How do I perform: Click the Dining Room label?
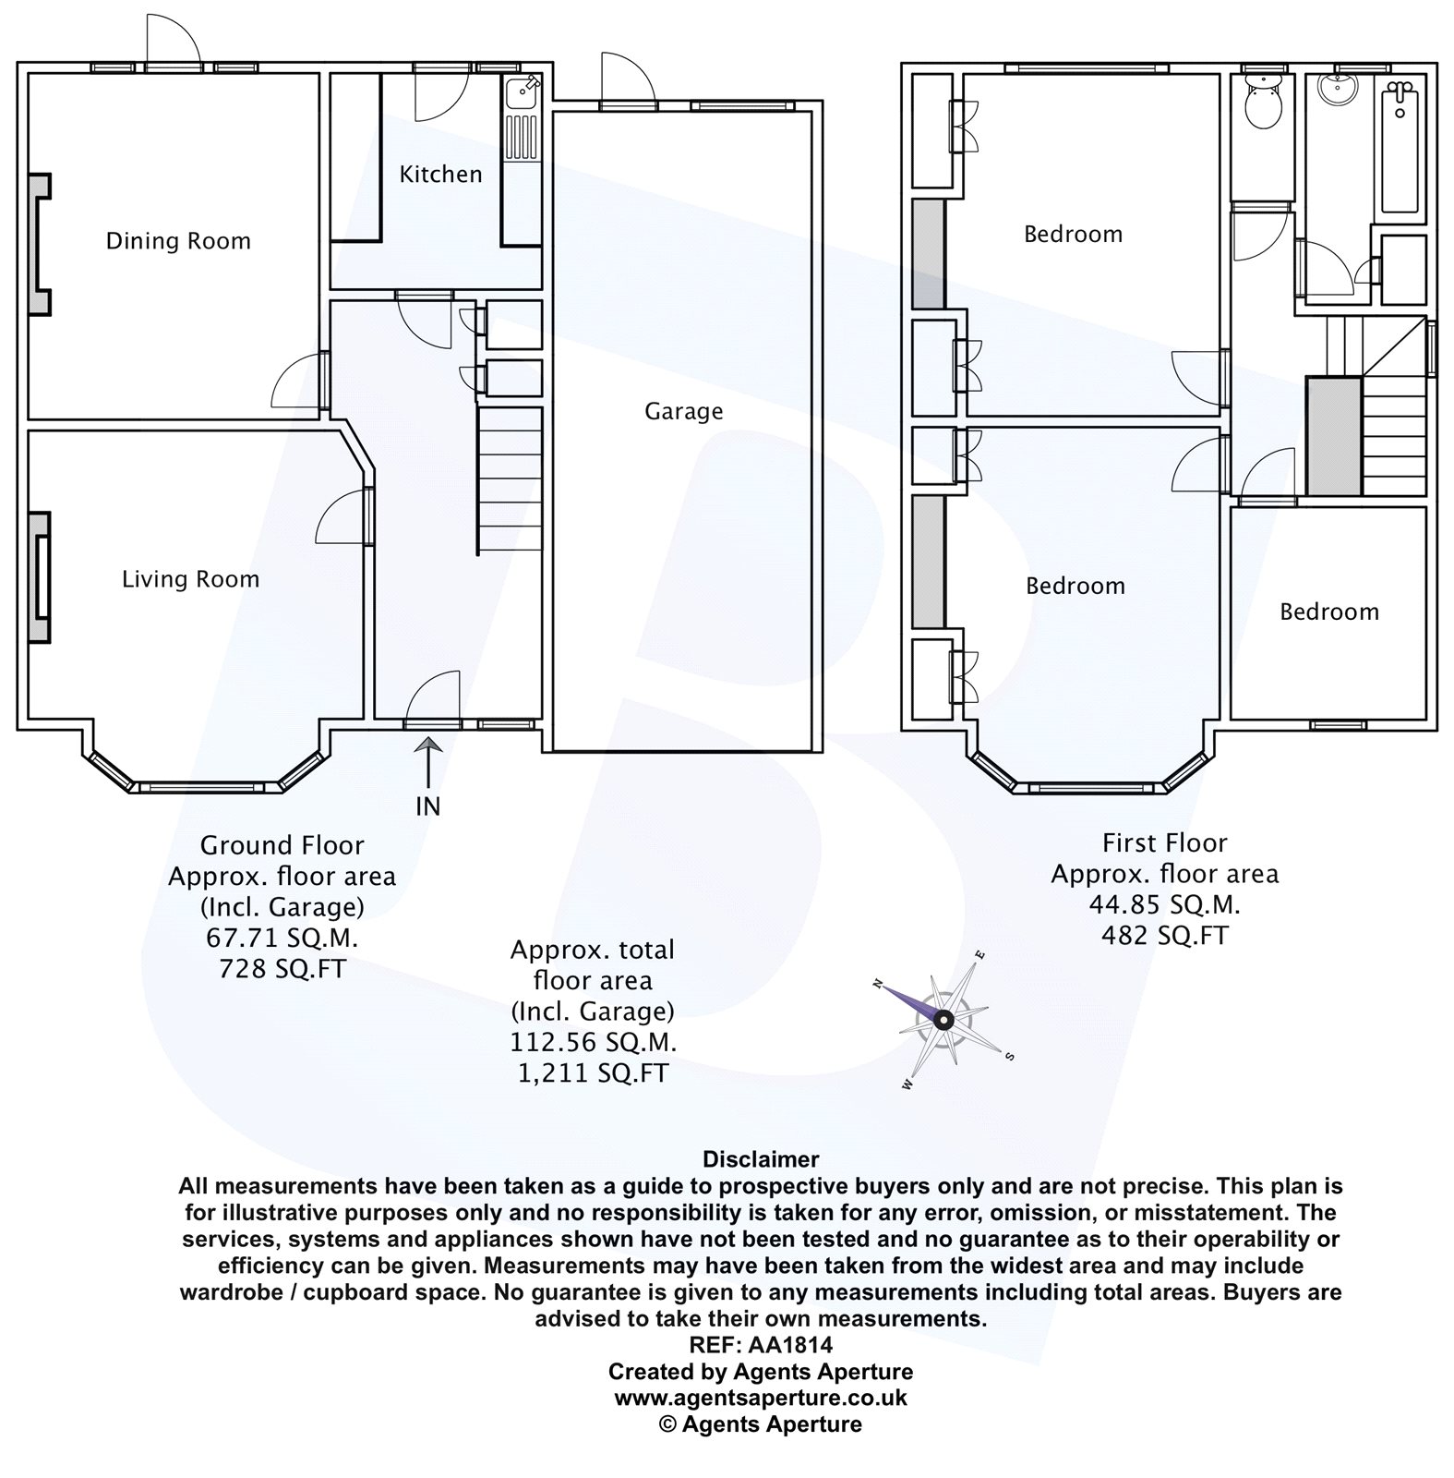click(178, 241)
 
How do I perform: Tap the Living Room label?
click(190, 579)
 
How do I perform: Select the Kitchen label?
click(440, 174)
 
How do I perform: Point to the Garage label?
click(683, 411)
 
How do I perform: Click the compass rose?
click(943, 1020)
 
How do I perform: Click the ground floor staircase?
click(508, 480)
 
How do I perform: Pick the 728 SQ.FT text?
click(282, 969)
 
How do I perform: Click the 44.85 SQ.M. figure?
click(1164, 904)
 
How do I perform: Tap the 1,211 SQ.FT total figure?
click(593, 1072)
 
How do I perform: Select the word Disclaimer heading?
click(761, 1158)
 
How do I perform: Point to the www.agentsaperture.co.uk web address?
click(761, 1398)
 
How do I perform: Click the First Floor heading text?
click(1164, 842)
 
